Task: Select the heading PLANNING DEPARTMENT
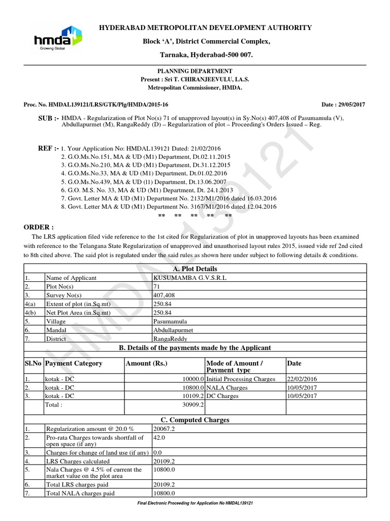point(194,71)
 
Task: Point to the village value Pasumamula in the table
point(170,321)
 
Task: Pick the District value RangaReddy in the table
point(170,338)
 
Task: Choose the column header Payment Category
point(74,363)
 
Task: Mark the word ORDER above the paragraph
point(39,227)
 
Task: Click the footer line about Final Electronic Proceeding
point(195,503)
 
